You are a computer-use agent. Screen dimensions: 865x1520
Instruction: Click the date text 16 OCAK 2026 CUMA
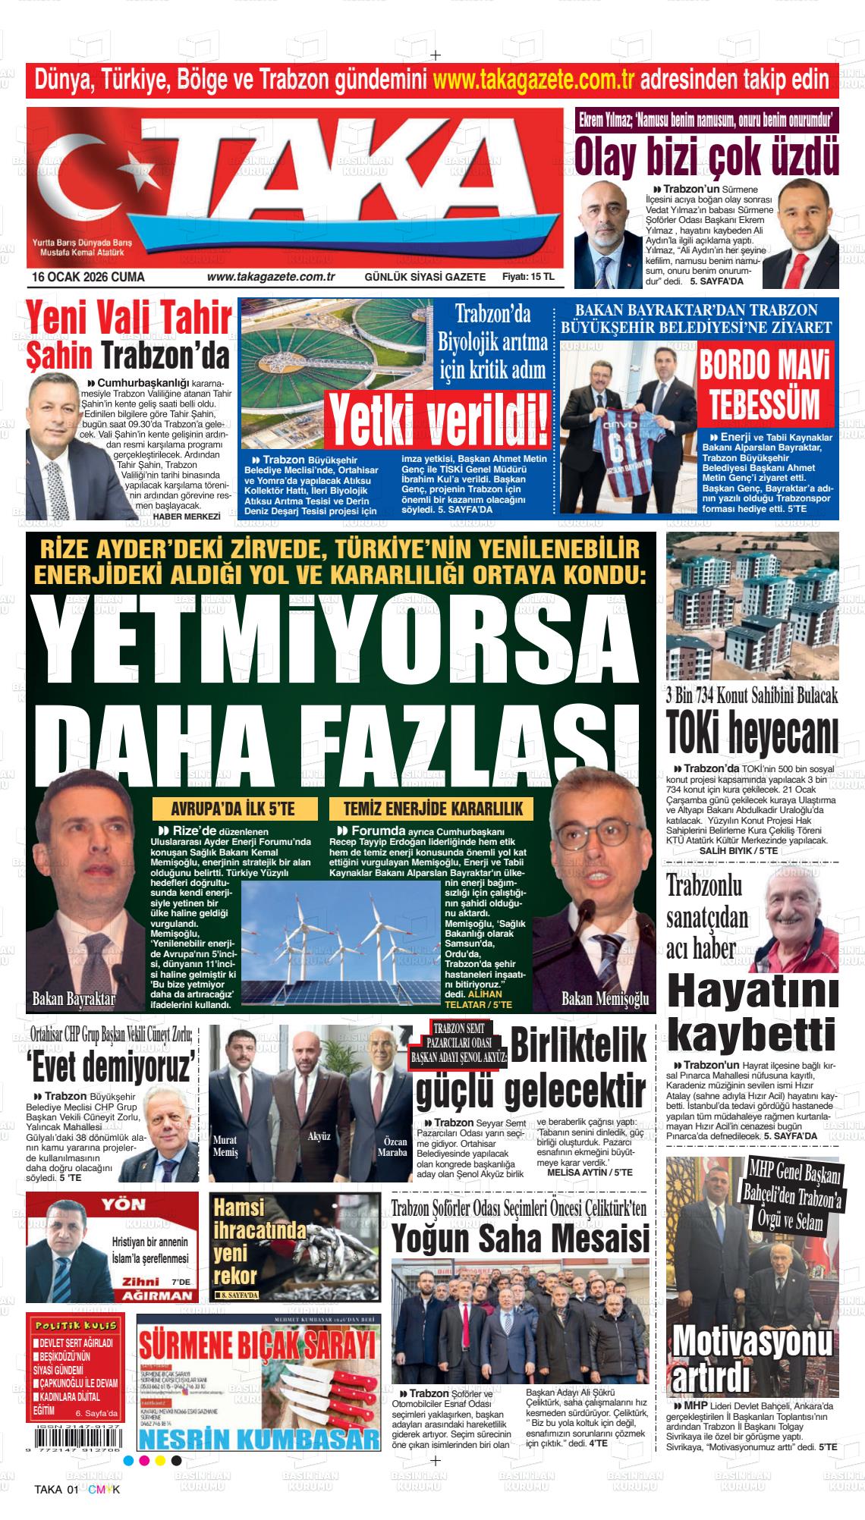click(88, 277)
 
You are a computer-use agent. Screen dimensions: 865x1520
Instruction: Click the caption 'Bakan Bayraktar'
click(74, 999)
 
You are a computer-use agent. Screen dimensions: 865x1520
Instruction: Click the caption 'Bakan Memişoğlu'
click(604, 1000)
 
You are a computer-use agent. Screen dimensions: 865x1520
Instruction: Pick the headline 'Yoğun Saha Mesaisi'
click(521, 1239)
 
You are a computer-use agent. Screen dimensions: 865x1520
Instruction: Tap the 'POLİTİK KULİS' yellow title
click(74, 1325)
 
